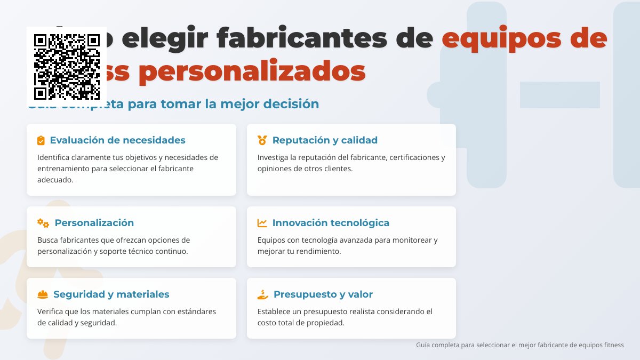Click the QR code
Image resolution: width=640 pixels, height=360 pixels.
[x=67, y=67]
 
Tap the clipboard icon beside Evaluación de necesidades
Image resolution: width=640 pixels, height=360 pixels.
[x=41, y=140]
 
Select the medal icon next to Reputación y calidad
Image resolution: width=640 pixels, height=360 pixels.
[x=262, y=140]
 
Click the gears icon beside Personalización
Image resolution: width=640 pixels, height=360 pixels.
[x=43, y=223]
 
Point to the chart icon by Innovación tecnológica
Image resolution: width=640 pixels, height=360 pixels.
[x=262, y=223]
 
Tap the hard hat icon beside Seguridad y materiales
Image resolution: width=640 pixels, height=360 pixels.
[x=43, y=294]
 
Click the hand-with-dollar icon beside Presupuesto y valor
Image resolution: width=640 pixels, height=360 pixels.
[x=262, y=294]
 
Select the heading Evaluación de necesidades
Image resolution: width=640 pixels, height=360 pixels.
[x=117, y=140]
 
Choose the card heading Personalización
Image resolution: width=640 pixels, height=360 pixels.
[x=94, y=223]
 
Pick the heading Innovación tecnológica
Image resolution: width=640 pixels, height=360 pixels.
[x=331, y=223]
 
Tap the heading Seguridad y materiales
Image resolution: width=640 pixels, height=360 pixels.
[x=111, y=294]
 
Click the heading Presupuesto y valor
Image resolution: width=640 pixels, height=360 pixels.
[x=323, y=294]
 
